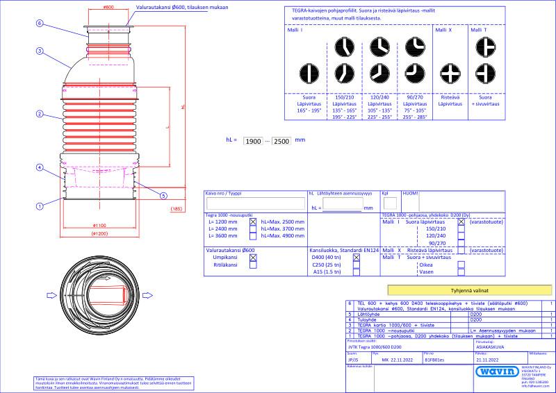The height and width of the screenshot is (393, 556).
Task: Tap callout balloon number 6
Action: coord(40,23)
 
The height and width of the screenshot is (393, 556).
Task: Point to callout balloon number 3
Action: coord(40,51)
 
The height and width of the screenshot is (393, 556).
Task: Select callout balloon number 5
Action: coord(163,194)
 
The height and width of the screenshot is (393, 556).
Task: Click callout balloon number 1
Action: coord(40,206)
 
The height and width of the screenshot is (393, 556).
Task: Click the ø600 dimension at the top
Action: coord(108,7)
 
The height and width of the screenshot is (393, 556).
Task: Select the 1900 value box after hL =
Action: coord(254,141)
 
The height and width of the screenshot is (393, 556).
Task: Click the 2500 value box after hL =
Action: coord(282,141)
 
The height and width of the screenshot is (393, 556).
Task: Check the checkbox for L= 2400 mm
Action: coord(253,229)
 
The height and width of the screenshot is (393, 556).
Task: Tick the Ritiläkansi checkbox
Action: coord(253,265)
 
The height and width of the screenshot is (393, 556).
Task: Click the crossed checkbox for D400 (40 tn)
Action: coord(357,257)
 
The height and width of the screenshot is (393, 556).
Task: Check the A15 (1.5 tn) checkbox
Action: coord(357,273)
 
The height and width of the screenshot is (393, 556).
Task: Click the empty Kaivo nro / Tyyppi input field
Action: coord(255,204)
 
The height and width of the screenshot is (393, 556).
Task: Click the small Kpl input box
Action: coord(391,203)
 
